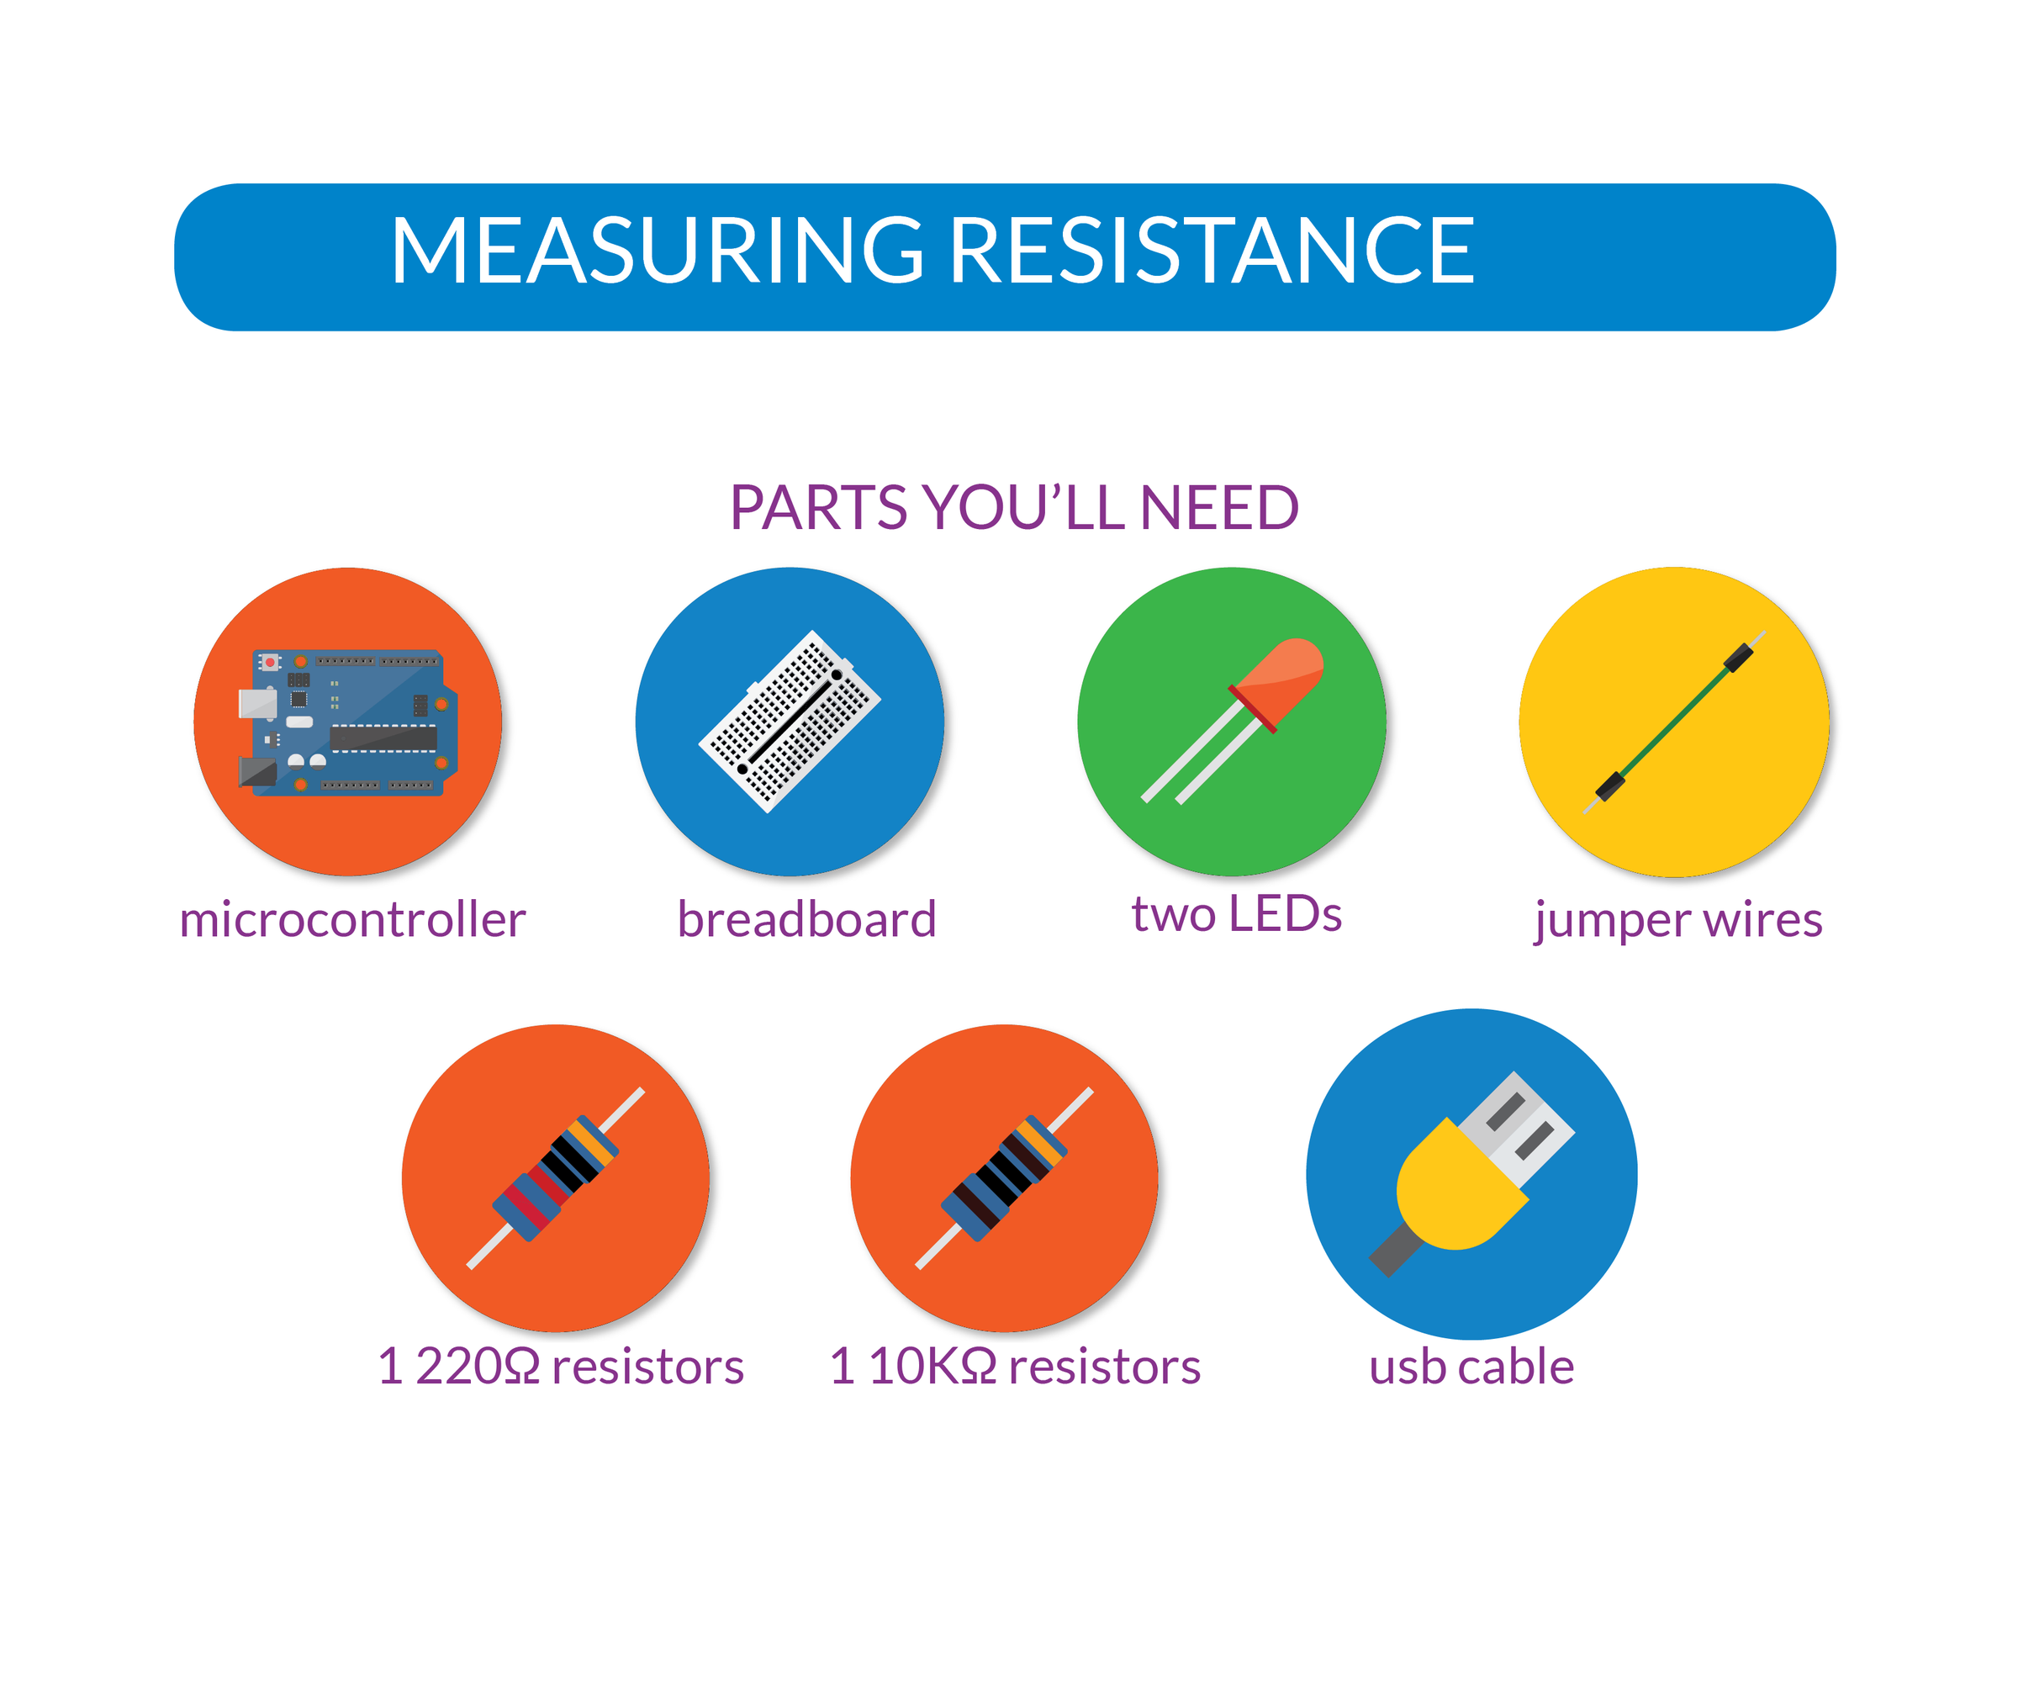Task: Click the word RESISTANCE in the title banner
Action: point(1212,251)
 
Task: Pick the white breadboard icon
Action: point(790,721)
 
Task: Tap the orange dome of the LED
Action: point(1283,678)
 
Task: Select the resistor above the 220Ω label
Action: point(556,1178)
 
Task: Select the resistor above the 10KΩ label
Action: point(1004,1178)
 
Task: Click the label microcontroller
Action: point(352,920)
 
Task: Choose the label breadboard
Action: point(806,920)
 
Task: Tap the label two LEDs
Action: point(1236,914)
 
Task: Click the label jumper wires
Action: point(1677,920)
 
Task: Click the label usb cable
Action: point(1471,1366)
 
